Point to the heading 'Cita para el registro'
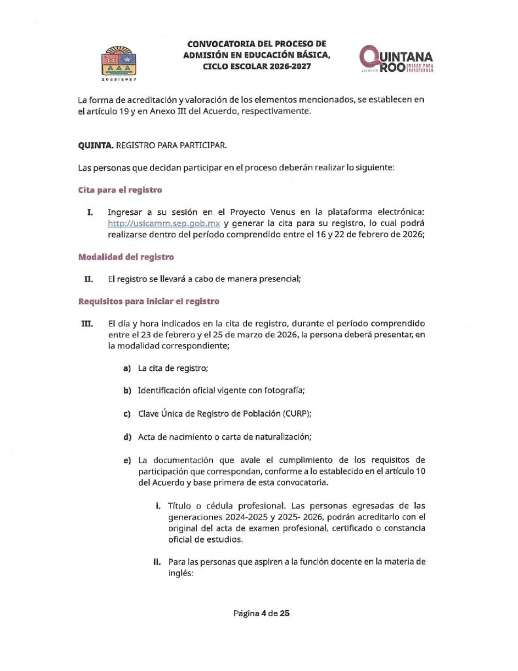point(120,190)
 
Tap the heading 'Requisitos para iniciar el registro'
point(149,301)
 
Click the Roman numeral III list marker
point(85,324)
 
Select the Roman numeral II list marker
point(88,280)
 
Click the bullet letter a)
point(128,369)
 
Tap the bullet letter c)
point(128,413)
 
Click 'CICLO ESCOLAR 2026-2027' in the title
point(257,66)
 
